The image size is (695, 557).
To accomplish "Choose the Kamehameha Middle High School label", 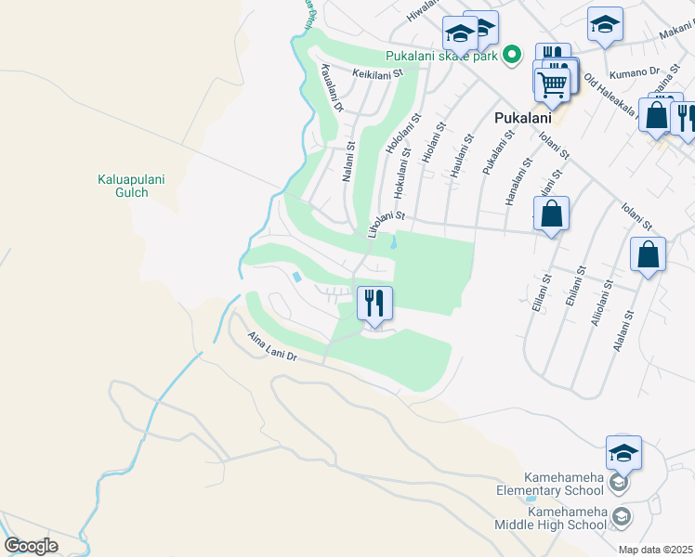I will point(567,518).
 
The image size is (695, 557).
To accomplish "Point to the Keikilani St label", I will point(375,72).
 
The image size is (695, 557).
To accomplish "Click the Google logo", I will point(31,546).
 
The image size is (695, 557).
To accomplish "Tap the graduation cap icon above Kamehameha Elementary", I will point(623,453).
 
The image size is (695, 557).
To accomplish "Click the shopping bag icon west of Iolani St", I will point(551,214).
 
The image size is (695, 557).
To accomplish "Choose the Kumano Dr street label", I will point(635,71).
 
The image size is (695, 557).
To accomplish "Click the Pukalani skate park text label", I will point(442,55).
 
